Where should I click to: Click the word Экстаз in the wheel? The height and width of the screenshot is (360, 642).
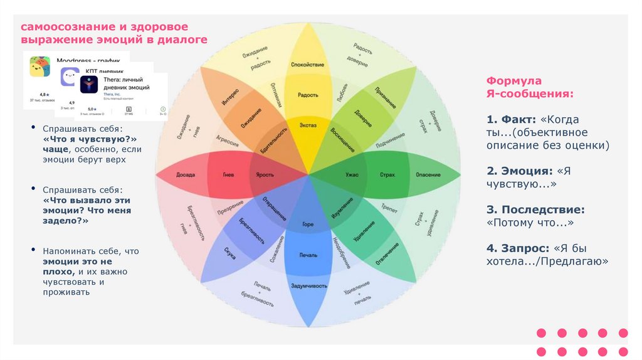point(308,125)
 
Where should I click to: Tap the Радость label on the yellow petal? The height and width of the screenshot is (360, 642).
point(308,95)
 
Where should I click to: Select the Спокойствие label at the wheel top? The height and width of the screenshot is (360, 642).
point(308,65)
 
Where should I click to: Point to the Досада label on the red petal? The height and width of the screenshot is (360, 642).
point(186,174)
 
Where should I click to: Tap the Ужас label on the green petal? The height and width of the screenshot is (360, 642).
point(352,174)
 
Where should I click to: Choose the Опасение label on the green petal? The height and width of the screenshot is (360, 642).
point(428,174)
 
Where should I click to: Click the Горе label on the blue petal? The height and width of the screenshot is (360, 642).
point(308,224)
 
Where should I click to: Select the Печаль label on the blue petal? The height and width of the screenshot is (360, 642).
point(308,255)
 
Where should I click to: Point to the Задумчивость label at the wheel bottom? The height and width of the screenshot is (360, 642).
point(308,285)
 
